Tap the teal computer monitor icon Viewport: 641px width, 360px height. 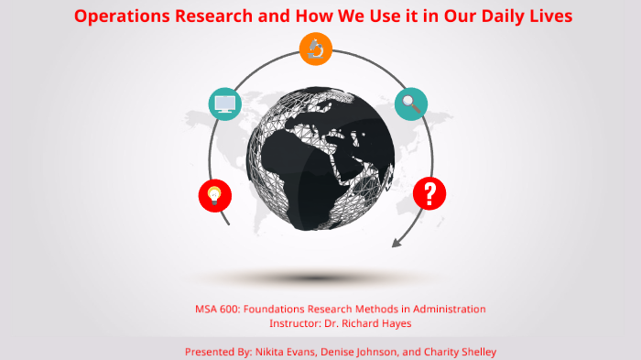coord(224,104)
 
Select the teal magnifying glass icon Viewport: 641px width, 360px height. coord(410,104)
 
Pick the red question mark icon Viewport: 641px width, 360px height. coord(429,193)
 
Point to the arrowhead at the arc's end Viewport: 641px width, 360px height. coord(397,242)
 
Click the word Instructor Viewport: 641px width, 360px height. coord(297,323)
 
